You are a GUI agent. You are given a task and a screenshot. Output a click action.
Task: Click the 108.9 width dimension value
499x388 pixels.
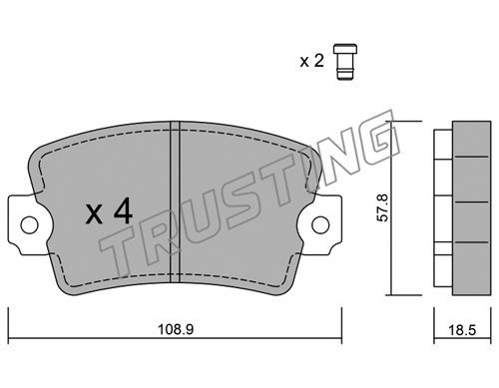176,329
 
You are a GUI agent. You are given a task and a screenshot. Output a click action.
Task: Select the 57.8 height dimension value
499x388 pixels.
382,208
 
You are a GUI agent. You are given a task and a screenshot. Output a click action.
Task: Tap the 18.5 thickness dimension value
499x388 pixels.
462,330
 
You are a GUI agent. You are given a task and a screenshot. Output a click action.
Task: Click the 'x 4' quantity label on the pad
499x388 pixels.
109,210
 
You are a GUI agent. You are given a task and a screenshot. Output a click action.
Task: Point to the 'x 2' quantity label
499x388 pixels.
311,61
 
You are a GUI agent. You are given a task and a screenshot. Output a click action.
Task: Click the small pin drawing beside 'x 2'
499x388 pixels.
345,62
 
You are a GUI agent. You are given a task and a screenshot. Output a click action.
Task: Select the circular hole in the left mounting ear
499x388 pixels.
29,224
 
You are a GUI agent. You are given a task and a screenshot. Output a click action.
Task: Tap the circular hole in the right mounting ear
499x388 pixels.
320,224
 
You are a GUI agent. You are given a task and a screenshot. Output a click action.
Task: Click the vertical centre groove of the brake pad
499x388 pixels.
175,201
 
